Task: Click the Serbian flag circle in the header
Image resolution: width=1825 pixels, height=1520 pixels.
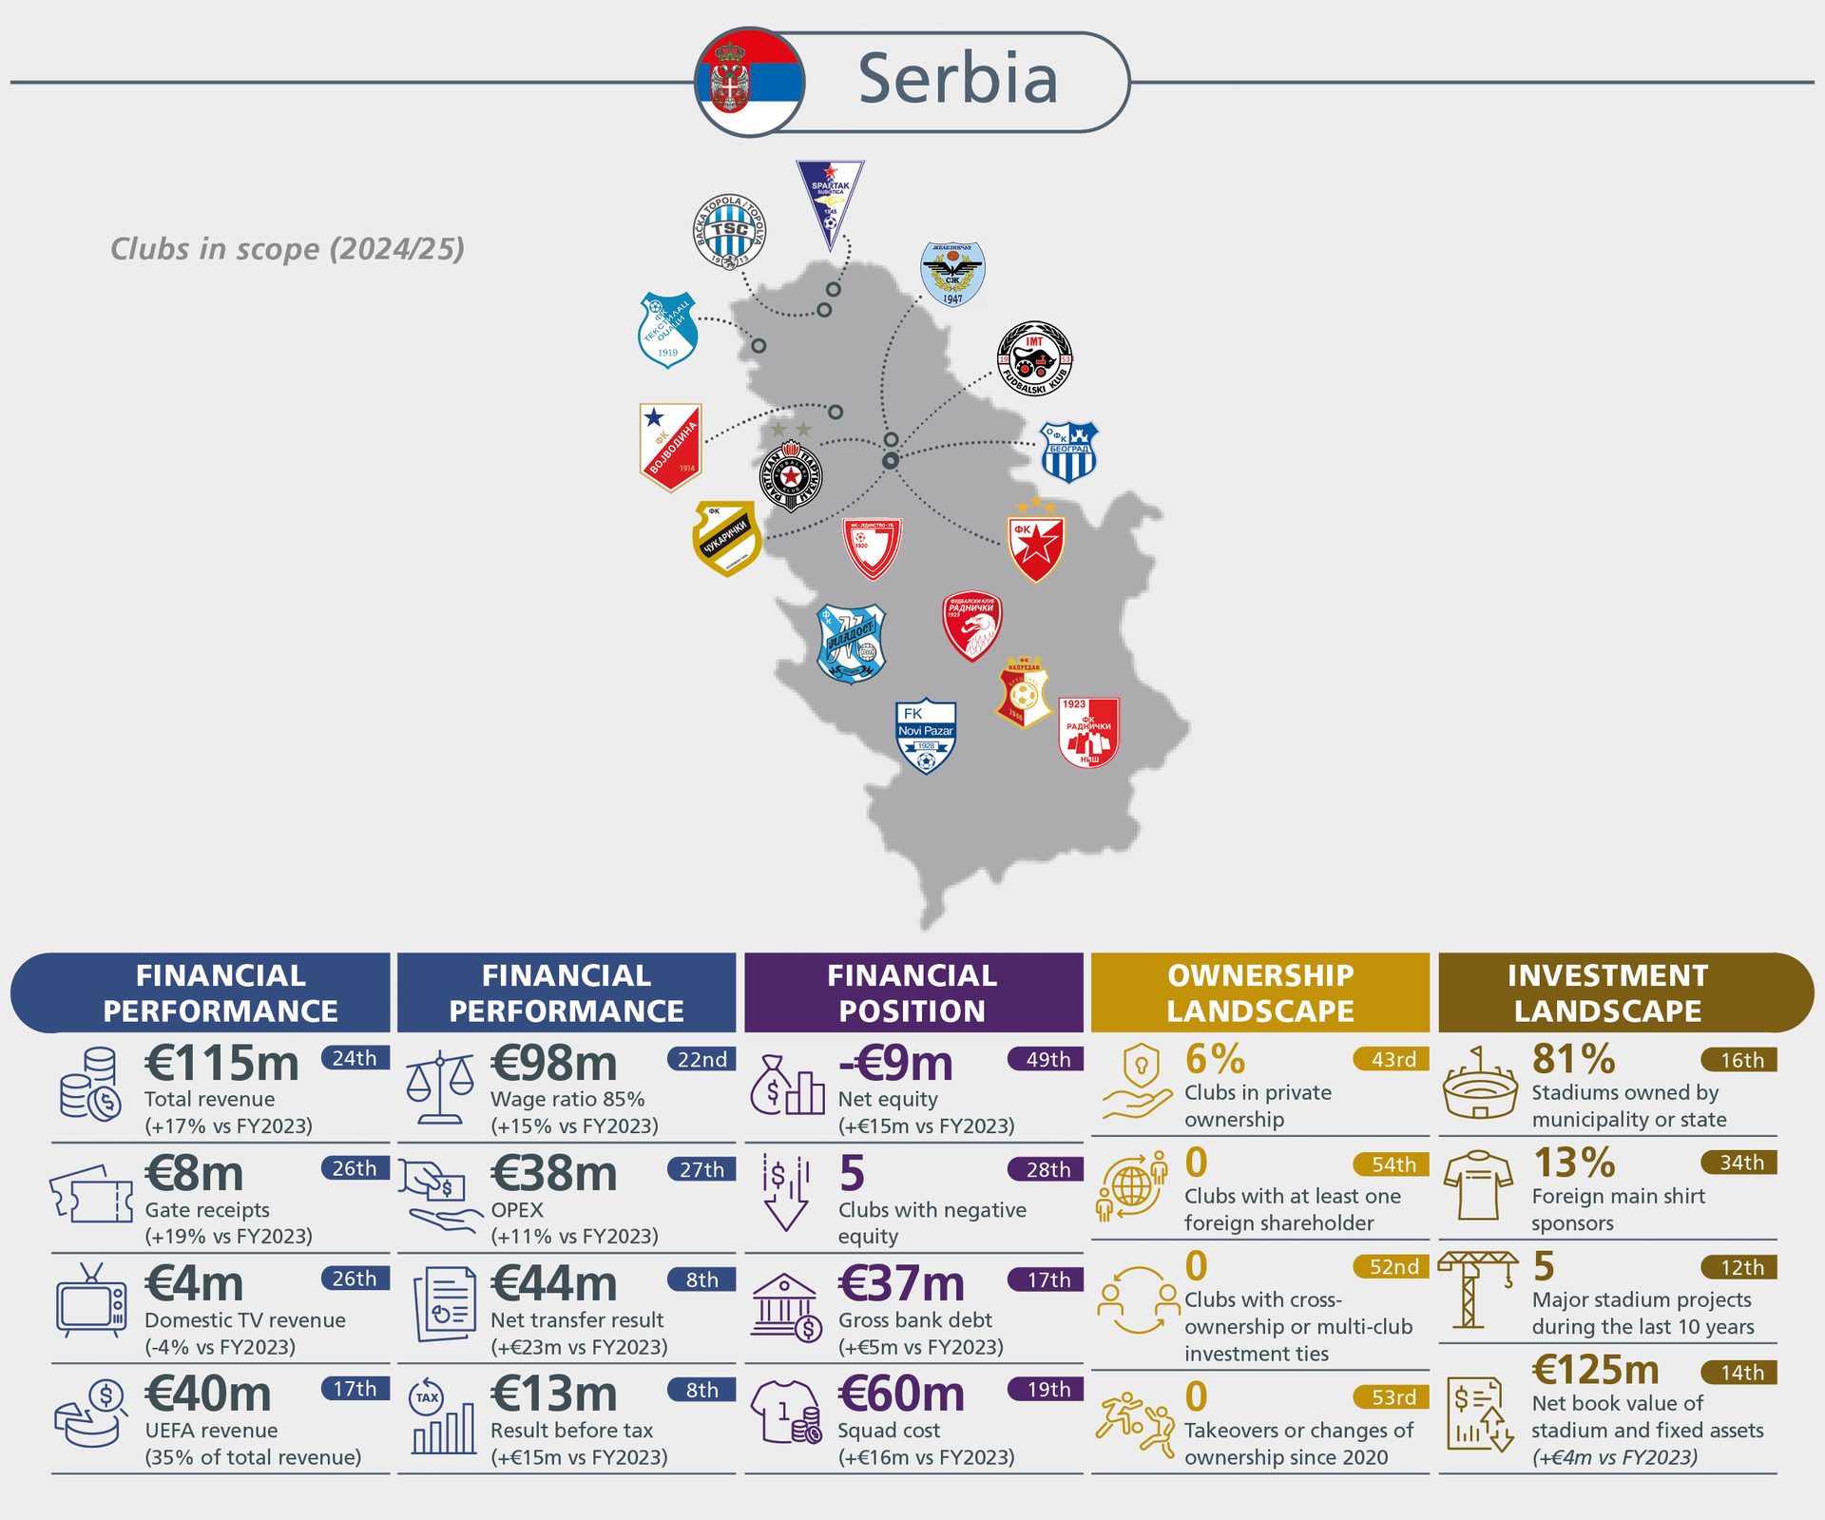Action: click(x=750, y=82)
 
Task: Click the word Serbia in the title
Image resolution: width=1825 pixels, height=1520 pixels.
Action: click(x=957, y=79)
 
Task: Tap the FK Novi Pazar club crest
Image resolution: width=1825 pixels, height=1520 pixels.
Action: click(x=925, y=737)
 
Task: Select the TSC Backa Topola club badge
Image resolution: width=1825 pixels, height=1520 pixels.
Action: click(x=729, y=231)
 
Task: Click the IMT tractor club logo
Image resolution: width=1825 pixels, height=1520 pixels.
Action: click(x=1034, y=359)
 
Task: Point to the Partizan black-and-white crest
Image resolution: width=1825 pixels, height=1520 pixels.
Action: click(x=791, y=475)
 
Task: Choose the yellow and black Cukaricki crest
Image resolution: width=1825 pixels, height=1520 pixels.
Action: click(x=727, y=538)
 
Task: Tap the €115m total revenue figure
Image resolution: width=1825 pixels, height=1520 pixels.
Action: click(x=221, y=1064)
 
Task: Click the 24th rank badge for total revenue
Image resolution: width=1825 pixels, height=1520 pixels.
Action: click(x=355, y=1058)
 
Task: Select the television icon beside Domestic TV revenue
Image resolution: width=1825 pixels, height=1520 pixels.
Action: click(x=90, y=1300)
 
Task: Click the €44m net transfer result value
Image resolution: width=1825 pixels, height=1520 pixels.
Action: click(x=554, y=1283)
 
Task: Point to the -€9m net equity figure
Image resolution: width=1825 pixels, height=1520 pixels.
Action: click(x=895, y=1064)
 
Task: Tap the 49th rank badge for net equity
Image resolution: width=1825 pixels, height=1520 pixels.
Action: click(x=1047, y=1059)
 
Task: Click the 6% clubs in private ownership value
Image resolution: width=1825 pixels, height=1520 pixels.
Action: click(x=1215, y=1059)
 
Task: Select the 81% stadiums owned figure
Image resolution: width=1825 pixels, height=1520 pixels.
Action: click(x=1573, y=1059)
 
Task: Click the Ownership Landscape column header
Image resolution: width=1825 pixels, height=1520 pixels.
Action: click(x=1260, y=992)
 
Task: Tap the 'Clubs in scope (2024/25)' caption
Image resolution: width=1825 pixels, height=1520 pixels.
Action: click(x=287, y=249)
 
